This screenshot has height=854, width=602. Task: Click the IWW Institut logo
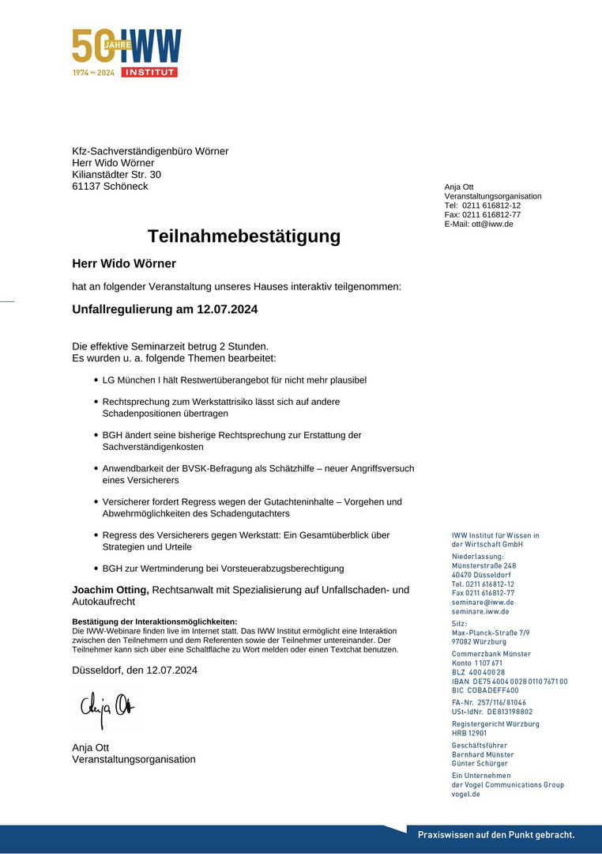tap(126, 52)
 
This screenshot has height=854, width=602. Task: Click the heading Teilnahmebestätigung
tap(244, 236)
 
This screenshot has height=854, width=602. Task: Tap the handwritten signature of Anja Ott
tap(107, 705)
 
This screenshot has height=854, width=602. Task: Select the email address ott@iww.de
tap(492, 224)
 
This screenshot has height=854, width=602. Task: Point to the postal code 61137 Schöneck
tap(110, 187)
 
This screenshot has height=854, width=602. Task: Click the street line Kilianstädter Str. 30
tap(116, 175)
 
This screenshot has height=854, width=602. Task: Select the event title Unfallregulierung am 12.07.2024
tap(164, 309)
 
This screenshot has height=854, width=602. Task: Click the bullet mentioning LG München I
tap(234, 380)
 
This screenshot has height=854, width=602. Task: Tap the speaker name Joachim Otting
tap(111, 590)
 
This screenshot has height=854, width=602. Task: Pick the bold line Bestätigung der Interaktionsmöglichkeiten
tap(154, 622)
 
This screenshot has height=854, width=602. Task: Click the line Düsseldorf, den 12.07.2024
tap(134, 671)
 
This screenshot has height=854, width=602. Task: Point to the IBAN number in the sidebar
tap(510, 682)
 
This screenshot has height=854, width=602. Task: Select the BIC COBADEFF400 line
tap(485, 690)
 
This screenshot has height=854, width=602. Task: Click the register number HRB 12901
tap(469, 733)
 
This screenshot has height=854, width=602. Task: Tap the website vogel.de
tap(466, 794)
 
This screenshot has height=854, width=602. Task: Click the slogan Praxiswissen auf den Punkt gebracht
tap(496, 834)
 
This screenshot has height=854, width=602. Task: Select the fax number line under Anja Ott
tap(482, 214)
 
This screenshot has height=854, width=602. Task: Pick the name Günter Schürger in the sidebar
tap(480, 764)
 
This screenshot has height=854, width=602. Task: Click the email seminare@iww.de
tap(483, 603)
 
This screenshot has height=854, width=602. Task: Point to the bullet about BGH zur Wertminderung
tap(223, 569)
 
